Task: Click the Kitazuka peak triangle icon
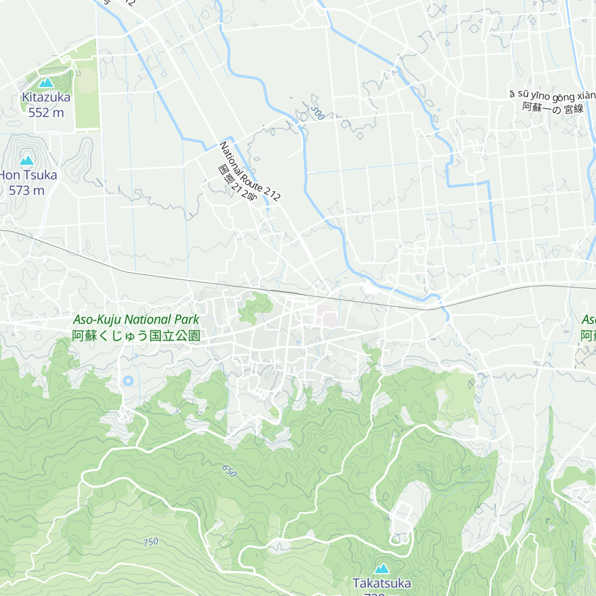(x=46, y=82)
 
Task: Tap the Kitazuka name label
(x=46, y=97)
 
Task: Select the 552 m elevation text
(x=46, y=113)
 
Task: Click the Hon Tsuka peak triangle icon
(x=26, y=160)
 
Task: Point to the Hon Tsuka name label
(x=29, y=175)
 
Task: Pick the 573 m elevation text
(x=26, y=190)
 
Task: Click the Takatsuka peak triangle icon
(x=381, y=569)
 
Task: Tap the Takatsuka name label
(x=381, y=583)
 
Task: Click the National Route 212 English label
(x=250, y=171)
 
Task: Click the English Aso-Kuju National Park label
(x=136, y=319)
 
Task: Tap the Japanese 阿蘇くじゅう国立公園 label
(x=136, y=336)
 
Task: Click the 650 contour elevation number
(x=229, y=471)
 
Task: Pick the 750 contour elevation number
(x=150, y=542)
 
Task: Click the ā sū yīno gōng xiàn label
(x=552, y=95)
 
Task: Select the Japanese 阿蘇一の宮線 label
(x=553, y=108)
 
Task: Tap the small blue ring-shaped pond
(x=128, y=381)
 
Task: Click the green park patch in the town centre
(x=254, y=308)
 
